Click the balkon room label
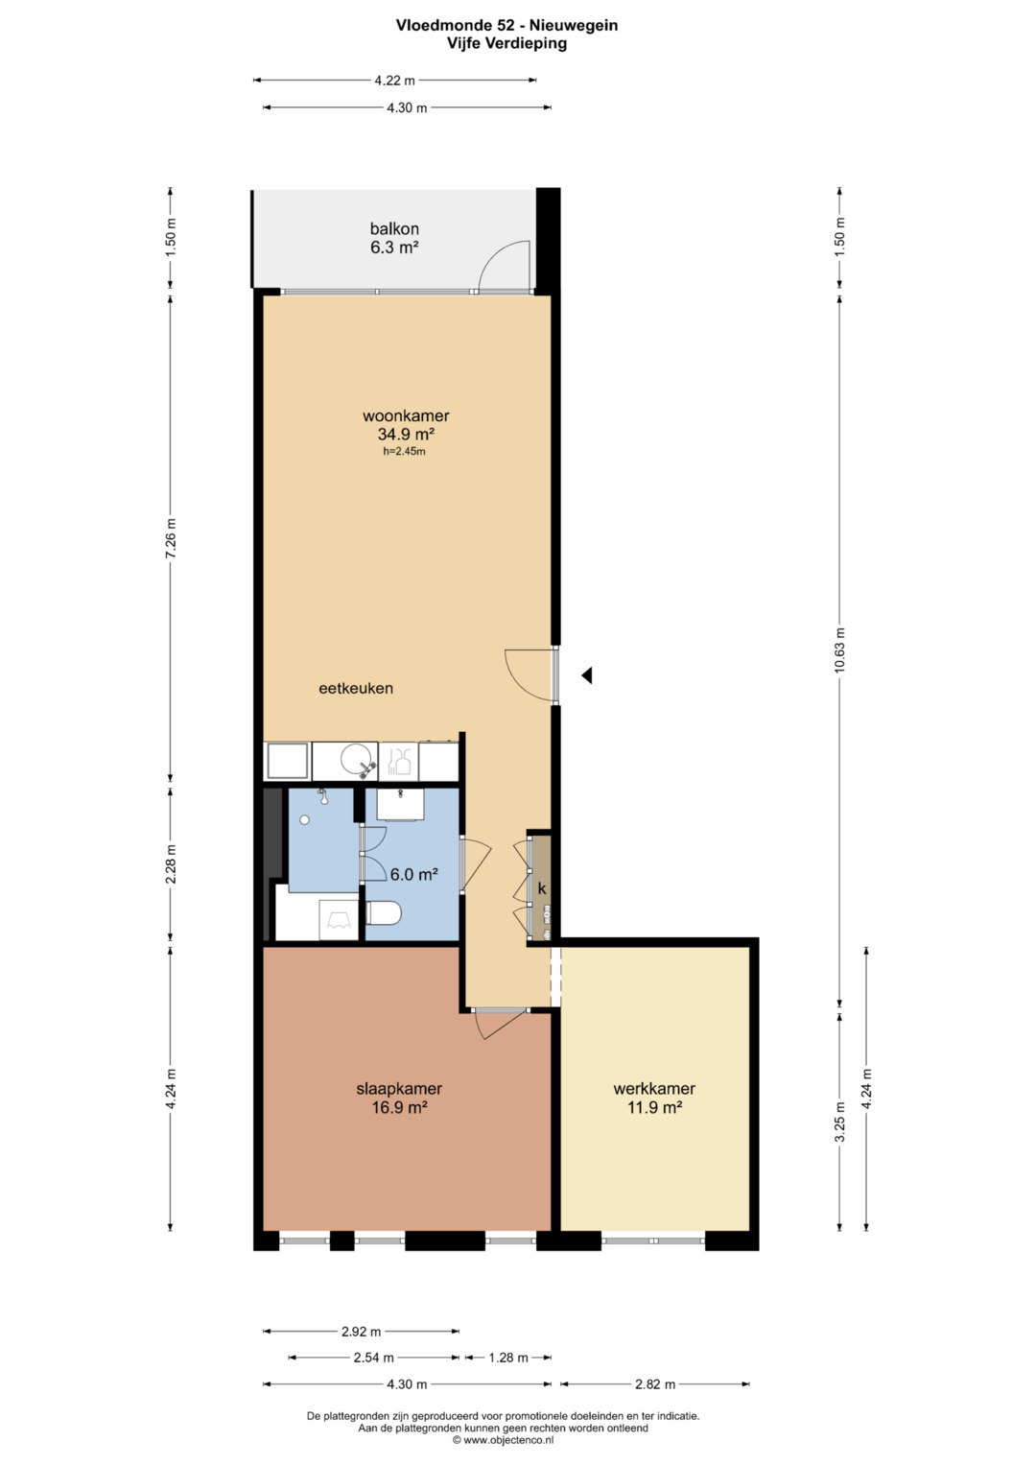point(394,229)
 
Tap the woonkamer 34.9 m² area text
point(406,435)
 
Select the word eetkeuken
point(356,688)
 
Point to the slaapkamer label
point(399,1088)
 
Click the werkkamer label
point(654,1088)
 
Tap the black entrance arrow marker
point(587,675)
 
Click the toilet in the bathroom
point(383,913)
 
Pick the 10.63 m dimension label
point(840,650)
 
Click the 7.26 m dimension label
point(171,539)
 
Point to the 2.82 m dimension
point(655,1383)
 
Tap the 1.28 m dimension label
point(508,1358)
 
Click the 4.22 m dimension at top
point(394,81)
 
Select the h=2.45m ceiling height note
point(404,451)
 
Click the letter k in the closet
point(542,888)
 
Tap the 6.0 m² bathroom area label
point(413,874)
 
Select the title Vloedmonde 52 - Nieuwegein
point(506,26)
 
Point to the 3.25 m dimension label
point(840,1122)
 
